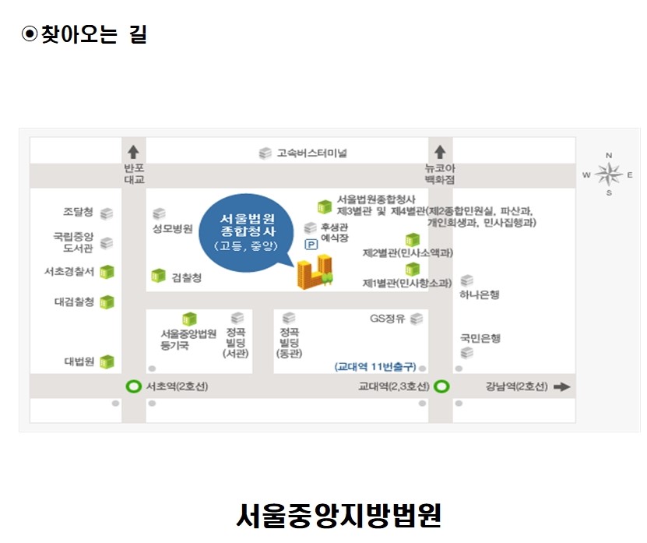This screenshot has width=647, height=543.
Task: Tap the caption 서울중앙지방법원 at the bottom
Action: [339, 515]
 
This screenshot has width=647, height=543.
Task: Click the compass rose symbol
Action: [609, 175]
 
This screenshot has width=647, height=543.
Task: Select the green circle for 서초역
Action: [133, 386]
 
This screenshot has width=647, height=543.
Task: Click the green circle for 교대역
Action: [442, 386]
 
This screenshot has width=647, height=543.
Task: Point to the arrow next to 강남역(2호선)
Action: [561, 387]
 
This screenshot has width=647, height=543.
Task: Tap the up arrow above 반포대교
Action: [133, 152]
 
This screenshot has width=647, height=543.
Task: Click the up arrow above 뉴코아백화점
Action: [440, 152]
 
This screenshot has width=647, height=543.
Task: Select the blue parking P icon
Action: [311, 245]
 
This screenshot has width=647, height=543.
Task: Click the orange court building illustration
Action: [315, 271]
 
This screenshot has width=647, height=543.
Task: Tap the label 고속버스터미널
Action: [312, 153]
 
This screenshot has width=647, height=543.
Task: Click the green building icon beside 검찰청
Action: [158, 276]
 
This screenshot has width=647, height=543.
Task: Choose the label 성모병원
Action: [173, 228]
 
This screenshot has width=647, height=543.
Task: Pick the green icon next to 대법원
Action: [107, 361]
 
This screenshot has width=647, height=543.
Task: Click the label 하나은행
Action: [480, 294]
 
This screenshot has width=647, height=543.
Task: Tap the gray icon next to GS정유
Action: [417, 319]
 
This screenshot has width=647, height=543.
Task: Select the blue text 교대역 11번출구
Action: [375, 367]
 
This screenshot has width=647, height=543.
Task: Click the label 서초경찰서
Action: [69, 272]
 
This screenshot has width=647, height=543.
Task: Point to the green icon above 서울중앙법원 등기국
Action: [189, 319]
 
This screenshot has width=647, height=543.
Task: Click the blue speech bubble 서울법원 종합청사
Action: [247, 232]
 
